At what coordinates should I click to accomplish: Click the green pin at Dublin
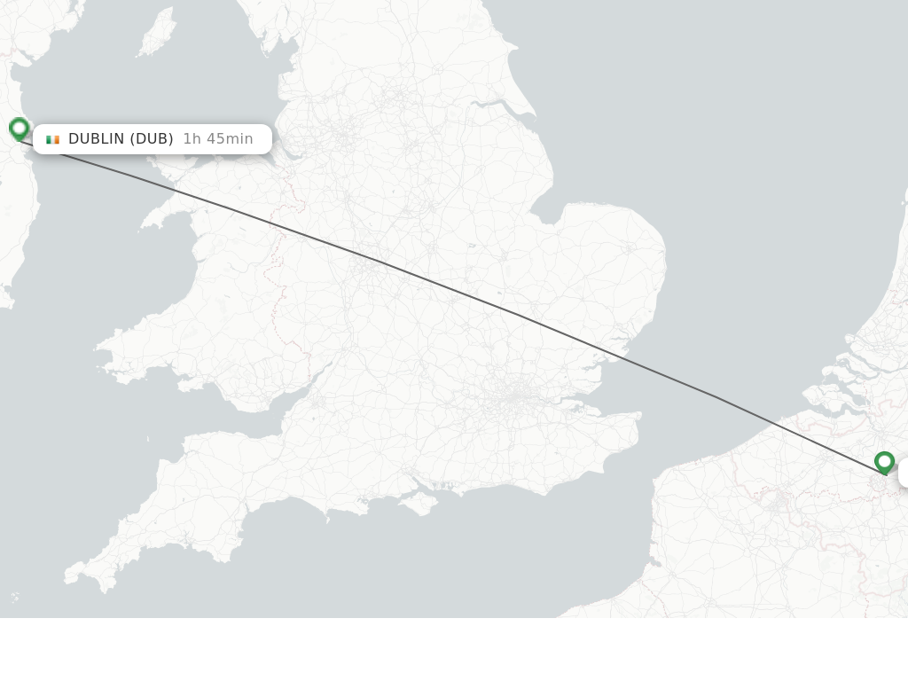click(19, 129)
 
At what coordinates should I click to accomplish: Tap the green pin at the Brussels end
click(884, 462)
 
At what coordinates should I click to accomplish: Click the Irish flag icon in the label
click(53, 139)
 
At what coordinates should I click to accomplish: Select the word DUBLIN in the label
click(97, 139)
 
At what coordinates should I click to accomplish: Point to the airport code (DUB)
click(152, 139)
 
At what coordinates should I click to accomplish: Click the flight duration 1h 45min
click(218, 139)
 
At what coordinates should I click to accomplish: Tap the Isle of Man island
click(157, 33)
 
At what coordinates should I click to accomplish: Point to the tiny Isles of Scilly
click(15, 597)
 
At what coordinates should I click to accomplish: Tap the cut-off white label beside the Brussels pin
click(904, 474)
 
